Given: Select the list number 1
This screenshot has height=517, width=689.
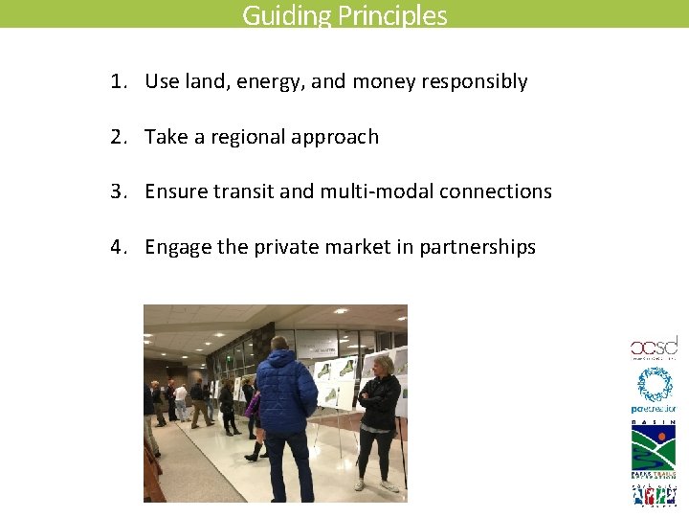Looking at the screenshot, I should pos(117,81).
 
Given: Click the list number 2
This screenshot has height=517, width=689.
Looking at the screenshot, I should pos(117,137).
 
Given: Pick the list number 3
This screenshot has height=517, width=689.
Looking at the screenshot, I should pos(117,191).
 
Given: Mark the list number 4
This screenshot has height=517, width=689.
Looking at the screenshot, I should pos(117,247).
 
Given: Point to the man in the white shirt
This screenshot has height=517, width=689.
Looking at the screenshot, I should pos(181,401).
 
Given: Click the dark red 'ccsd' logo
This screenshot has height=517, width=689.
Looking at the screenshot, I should pos(653,348).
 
